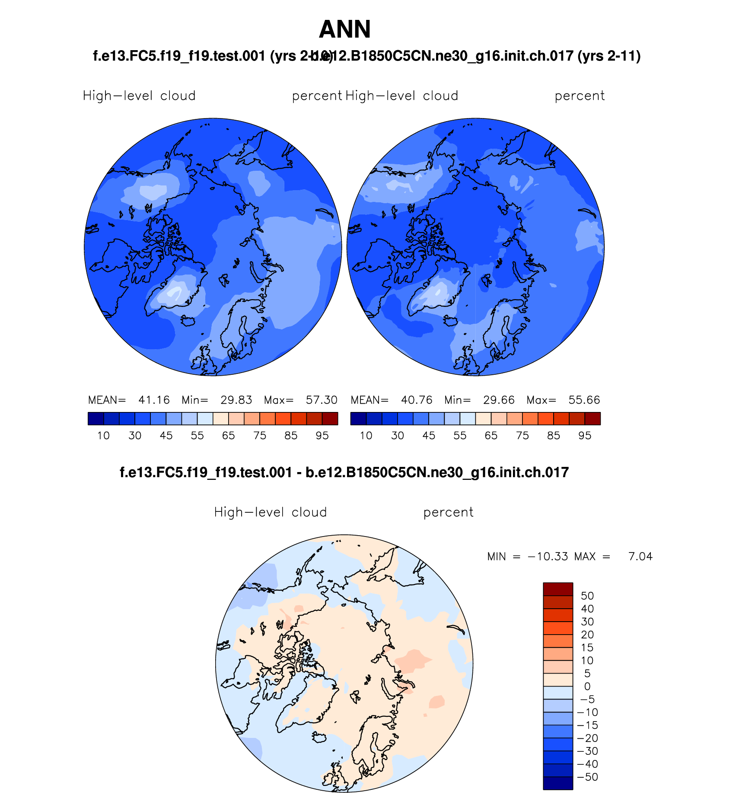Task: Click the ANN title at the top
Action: [x=344, y=29]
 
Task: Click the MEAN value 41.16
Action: [x=154, y=400]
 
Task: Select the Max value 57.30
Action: [x=322, y=400]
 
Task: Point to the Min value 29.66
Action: [x=499, y=400]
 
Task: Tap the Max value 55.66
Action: [x=584, y=400]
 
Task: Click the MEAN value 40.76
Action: [x=417, y=400]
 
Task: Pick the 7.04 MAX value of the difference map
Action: [x=640, y=556]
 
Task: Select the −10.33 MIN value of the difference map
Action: [x=548, y=556]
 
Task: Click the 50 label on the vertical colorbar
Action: [x=587, y=596]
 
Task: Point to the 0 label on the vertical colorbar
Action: [x=587, y=686]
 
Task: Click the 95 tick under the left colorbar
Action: [x=322, y=436]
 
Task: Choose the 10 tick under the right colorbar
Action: [x=366, y=436]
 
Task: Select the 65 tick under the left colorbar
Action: [x=228, y=436]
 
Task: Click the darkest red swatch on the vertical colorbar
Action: [x=558, y=589]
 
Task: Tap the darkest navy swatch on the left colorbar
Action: [x=96, y=418]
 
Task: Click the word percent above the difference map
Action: [x=448, y=512]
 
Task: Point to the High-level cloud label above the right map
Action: [x=401, y=96]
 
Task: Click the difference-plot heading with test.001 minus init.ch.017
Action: [x=344, y=472]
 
